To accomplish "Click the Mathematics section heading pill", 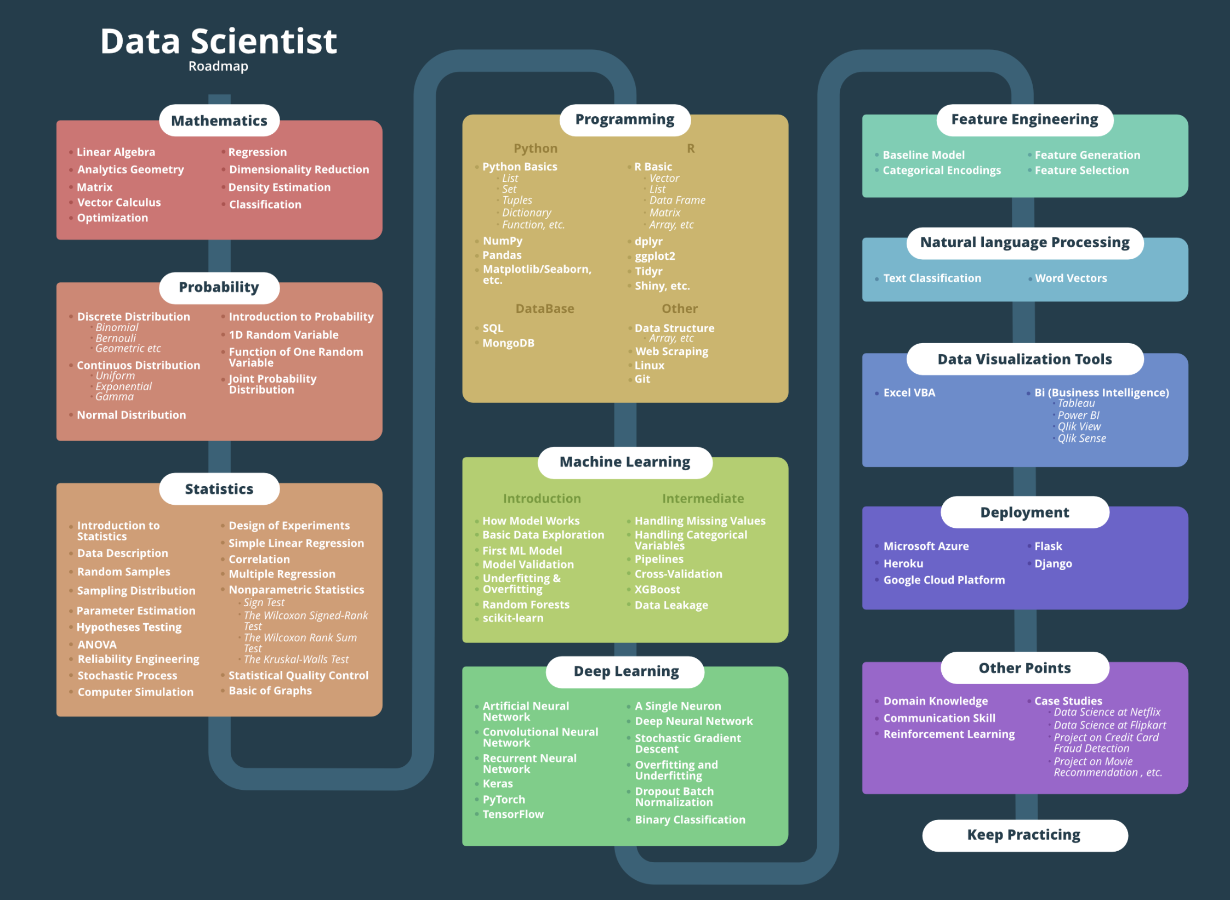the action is coord(219,121).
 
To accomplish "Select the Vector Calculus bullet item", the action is coord(119,202).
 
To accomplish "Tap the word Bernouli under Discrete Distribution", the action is coord(116,338).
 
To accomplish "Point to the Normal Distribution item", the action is coord(131,415).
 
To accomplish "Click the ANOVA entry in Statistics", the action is coord(97,645).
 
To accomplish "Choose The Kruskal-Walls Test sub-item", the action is coord(296,659).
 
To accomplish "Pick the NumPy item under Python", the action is coord(502,241).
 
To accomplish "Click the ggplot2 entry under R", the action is coord(654,256).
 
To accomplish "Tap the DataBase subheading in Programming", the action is coord(544,309).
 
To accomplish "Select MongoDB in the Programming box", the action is coord(508,343).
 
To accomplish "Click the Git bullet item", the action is coord(642,379).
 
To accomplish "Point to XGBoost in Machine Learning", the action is coord(657,589).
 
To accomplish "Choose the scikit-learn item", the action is coord(512,618).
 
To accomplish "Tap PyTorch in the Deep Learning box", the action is coord(504,799).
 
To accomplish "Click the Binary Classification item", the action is coord(690,819).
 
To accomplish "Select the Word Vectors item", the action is coord(1070,278).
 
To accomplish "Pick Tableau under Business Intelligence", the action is coord(1076,403).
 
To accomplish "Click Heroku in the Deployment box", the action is coord(903,563).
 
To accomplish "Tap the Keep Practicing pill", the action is coord(1024,835).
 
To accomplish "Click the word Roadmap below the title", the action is coord(218,66).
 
